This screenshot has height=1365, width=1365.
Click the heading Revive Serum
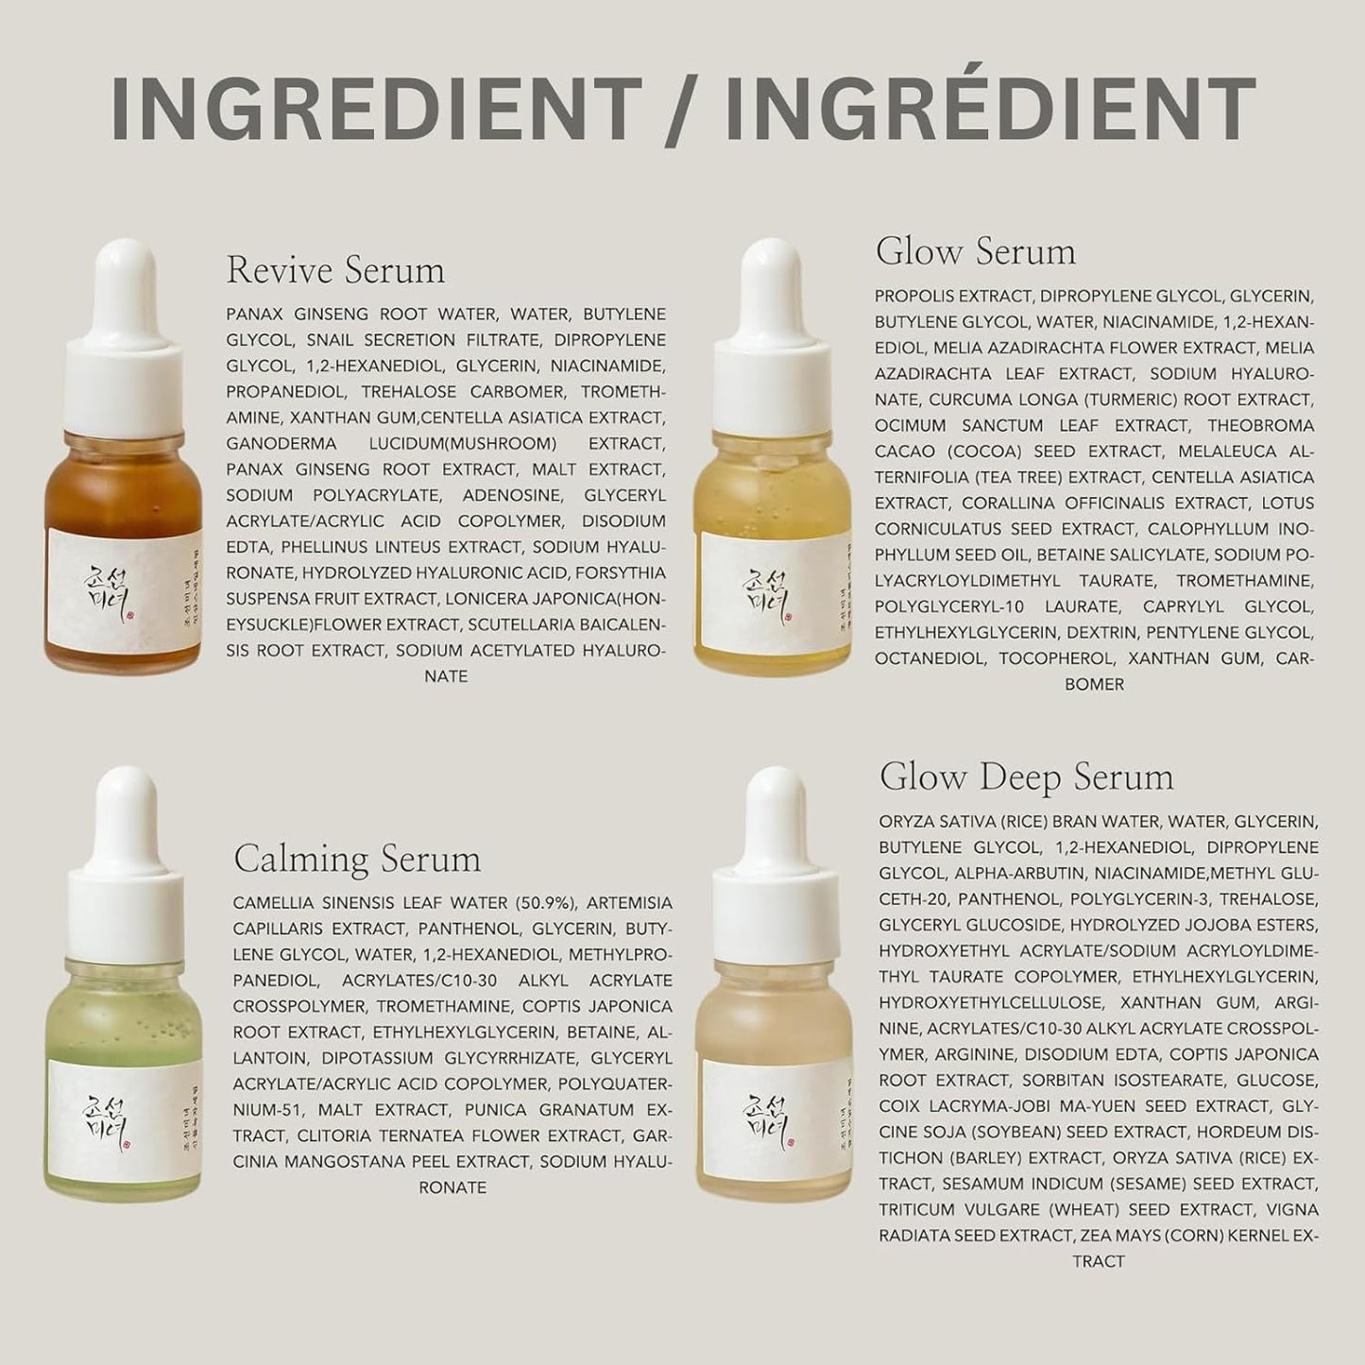335,271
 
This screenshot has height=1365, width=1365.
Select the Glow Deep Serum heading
1026,777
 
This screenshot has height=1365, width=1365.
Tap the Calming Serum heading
357,859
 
